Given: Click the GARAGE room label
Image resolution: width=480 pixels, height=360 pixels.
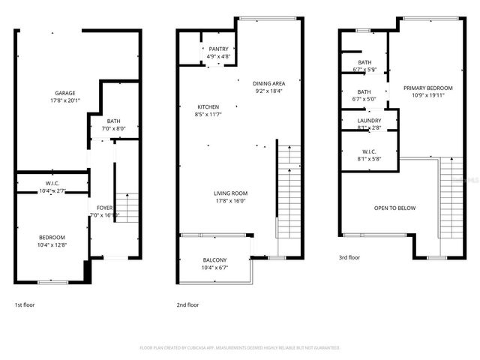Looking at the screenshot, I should pyautogui.click(x=64, y=94).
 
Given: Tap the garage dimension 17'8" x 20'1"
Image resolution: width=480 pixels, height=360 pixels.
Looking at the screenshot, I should pyautogui.click(x=64, y=100).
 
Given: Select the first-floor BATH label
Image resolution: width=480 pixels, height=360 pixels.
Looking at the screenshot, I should pyautogui.click(x=113, y=121).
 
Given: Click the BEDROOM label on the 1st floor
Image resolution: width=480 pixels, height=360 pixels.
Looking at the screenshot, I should pyautogui.click(x=52, y=237).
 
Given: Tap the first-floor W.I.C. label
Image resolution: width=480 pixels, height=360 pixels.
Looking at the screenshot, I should pyautogui.click(x=52, y=184).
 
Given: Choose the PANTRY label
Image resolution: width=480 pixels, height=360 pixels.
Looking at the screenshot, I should pyautogui.click(x=219, y=49).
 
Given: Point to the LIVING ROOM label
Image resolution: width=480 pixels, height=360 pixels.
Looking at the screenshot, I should pyautogui.click(x=229, y=193).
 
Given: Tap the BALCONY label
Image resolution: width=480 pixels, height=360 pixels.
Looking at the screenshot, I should pyautogui.click(x=214, y=260).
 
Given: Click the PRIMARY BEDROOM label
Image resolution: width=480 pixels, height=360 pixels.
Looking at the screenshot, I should pyautogui.click(x=424, y=88).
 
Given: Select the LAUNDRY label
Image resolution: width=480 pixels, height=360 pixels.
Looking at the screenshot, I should pyautogui.click(x=369, y=120).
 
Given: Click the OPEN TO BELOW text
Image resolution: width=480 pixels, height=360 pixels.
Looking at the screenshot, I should pyautogui.click(x=394, y=208).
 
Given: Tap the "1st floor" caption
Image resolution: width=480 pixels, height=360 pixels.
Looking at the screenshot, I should pyautogui.click(x=24, y=304).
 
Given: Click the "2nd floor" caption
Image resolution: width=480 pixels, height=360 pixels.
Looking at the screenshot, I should pyautogui.click(x=187, y=304).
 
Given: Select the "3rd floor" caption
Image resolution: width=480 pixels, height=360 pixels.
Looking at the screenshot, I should pyautogui.click(x=349, y=257).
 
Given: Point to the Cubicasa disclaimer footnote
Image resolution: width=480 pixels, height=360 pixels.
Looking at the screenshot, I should pyautogui.click(x=240, y=348).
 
